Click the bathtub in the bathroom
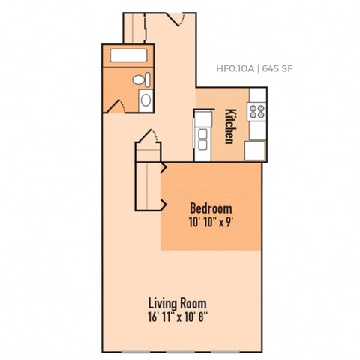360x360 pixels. click(128, 55)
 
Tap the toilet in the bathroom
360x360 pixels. click(139, 79)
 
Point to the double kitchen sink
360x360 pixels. click(202, 136)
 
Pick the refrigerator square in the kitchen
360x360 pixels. click(256, 150)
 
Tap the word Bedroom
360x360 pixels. click(211, 208)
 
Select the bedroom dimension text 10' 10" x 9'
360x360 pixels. click(211, 222)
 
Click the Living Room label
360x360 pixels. click(178, 303)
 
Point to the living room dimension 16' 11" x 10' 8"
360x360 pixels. click(178, 317)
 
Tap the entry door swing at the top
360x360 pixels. click(180, 19)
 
